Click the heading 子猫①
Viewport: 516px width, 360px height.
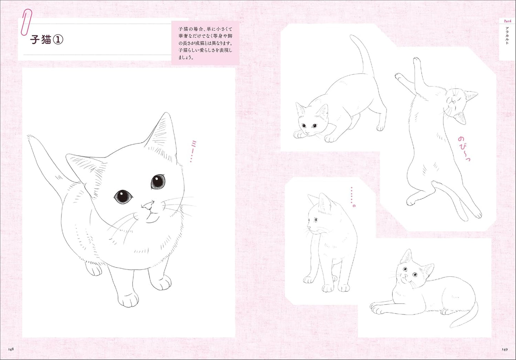click(47, 40)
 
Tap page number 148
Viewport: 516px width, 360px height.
click(10, 349)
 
